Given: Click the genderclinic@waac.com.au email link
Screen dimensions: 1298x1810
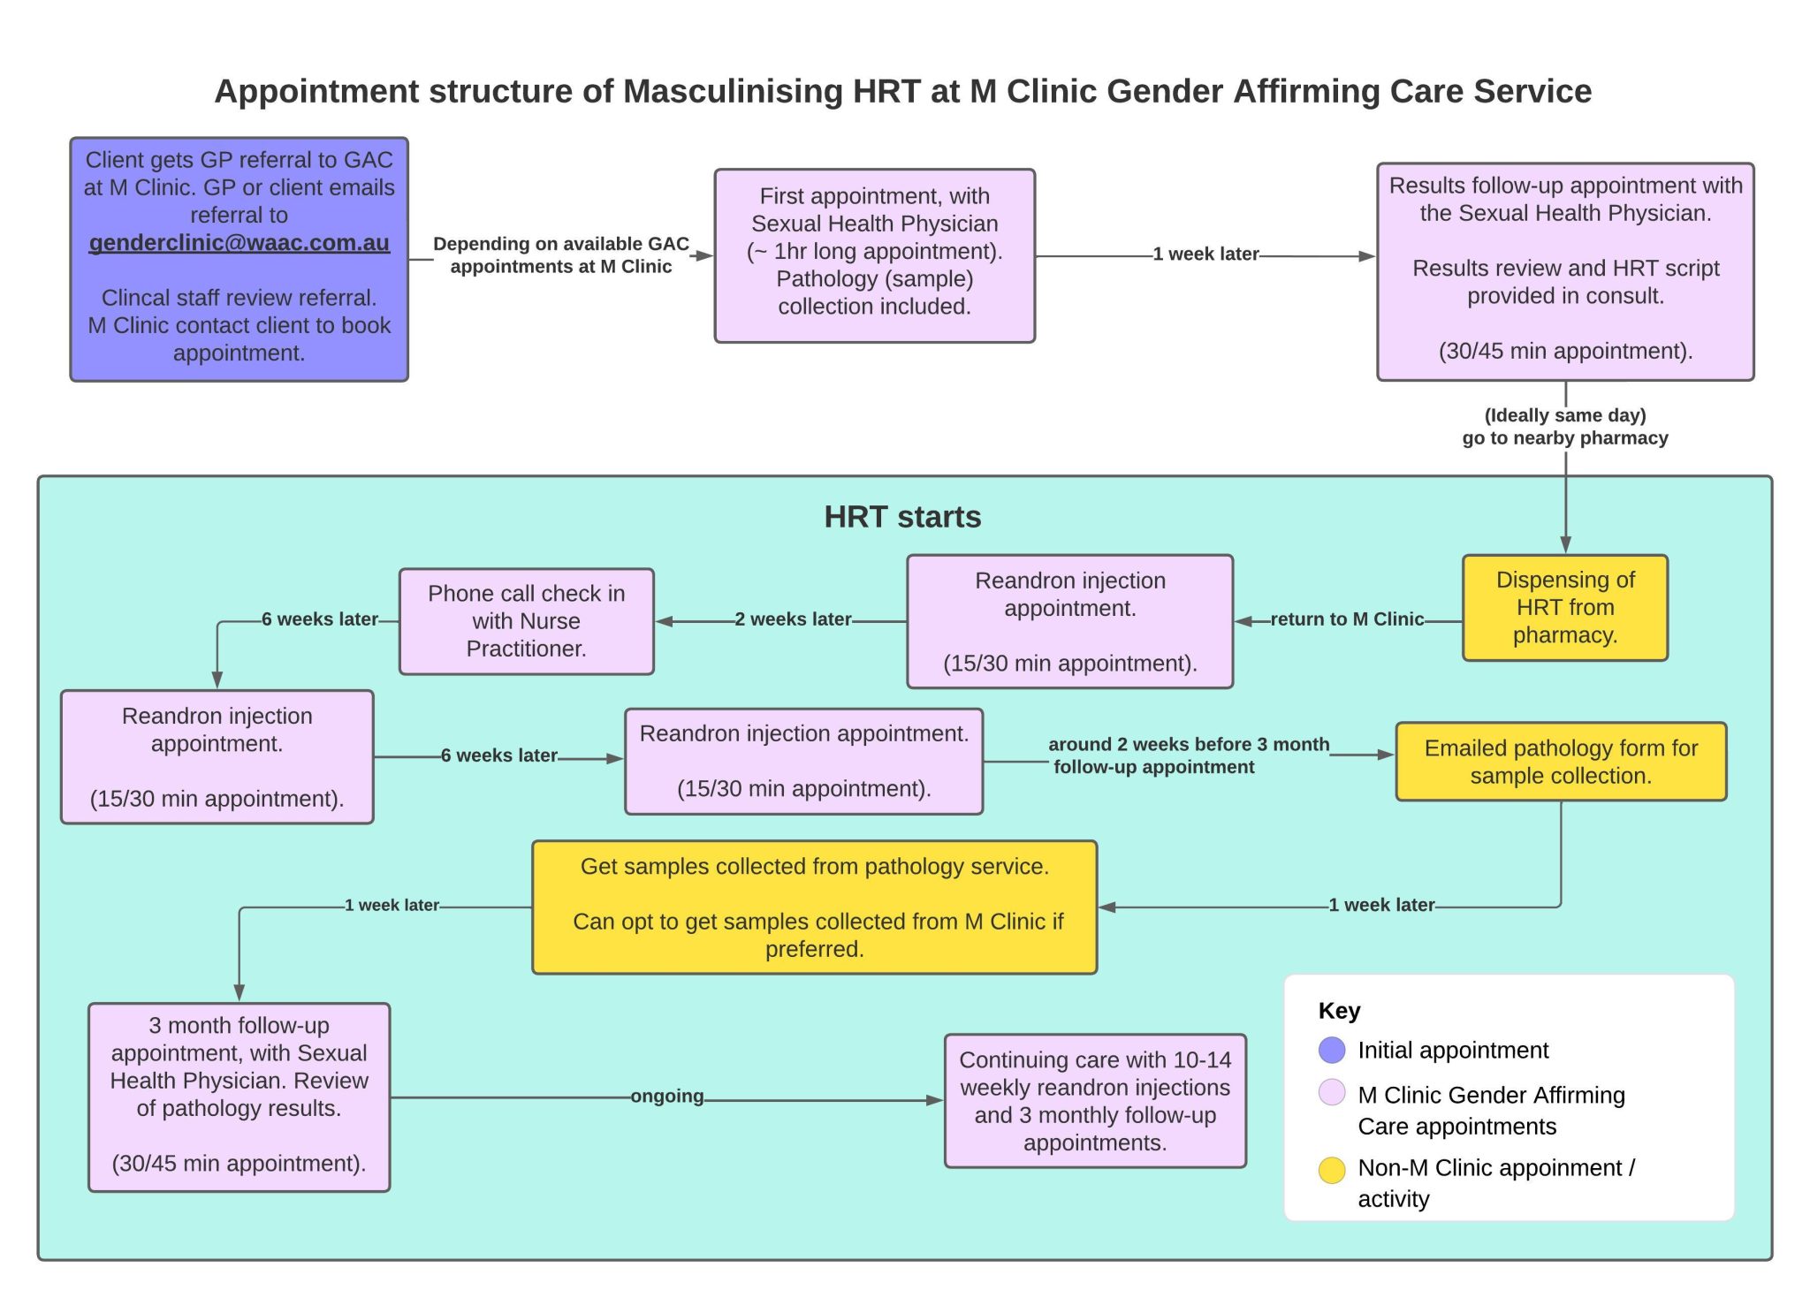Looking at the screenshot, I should pyautogui.click(x=239, y=243).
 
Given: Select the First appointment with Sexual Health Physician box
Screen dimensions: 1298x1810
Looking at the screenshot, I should pyautogui.click(x=874, y=255).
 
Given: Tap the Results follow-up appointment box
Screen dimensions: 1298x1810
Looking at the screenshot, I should pyautogui.click(x=1564, y=271).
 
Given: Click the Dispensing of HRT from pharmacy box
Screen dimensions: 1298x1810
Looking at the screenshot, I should pyautogui.click(x=1564, y=608).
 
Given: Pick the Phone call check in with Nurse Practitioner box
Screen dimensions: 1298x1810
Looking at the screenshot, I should pyautogui.click(x=526, y=621).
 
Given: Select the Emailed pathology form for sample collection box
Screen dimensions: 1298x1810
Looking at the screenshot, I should pyautogui.click(x=1560, y=762).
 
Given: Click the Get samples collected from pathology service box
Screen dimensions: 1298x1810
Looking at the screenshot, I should pyautogui.click(x=814, y=907).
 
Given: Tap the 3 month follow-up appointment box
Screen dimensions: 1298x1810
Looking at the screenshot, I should pyautogui.click(x=239, y=1097).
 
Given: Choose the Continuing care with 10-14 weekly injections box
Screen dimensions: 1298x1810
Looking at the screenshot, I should pyautogui.click(x=1094, y=1101).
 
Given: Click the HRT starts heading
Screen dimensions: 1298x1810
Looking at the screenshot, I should pyautogui.click(x=901, y=517).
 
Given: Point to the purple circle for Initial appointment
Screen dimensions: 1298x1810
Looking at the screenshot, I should pyautogui.click(x=1331, y=1050).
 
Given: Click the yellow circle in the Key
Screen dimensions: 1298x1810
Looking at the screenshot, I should pyautogui.click(x=1331, y=1170).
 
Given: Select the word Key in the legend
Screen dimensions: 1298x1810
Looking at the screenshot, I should pyautogui.click(x=1339, y=1011).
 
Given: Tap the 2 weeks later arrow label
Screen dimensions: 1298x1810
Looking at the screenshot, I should pyautogui.click(x=793, y=619).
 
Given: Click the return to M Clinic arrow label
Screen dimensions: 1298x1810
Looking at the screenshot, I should pyautogui.click(x=1346, y=619).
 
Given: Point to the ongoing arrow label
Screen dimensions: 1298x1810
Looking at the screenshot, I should pyautogui.click(x=666, y=1097).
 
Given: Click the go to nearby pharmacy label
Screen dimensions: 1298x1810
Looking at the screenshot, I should pyautogui.click(x=1564, y=438).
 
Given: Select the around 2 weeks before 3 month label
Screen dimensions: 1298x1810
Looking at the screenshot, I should pyautogui.click(x=1188, y=745).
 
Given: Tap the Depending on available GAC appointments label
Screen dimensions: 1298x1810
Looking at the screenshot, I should pyautogui.click(x=560, y=255).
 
